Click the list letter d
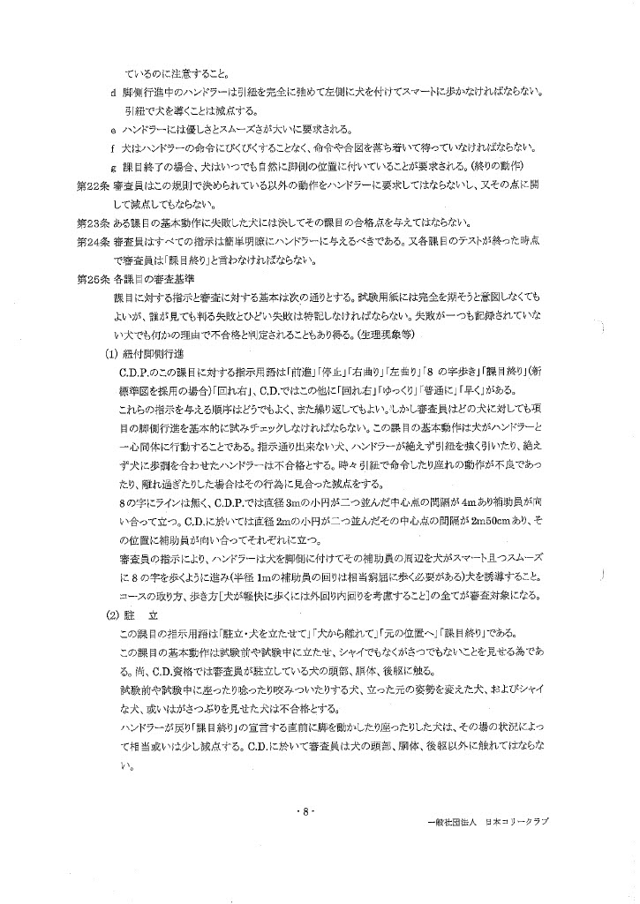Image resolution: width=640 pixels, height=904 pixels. pyautogui.click(x=113, y=92)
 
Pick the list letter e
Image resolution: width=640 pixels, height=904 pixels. pyautogui.click(x=113, y=129)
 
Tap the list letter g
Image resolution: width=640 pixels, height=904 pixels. pyautogui.click(x=113, y=166)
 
